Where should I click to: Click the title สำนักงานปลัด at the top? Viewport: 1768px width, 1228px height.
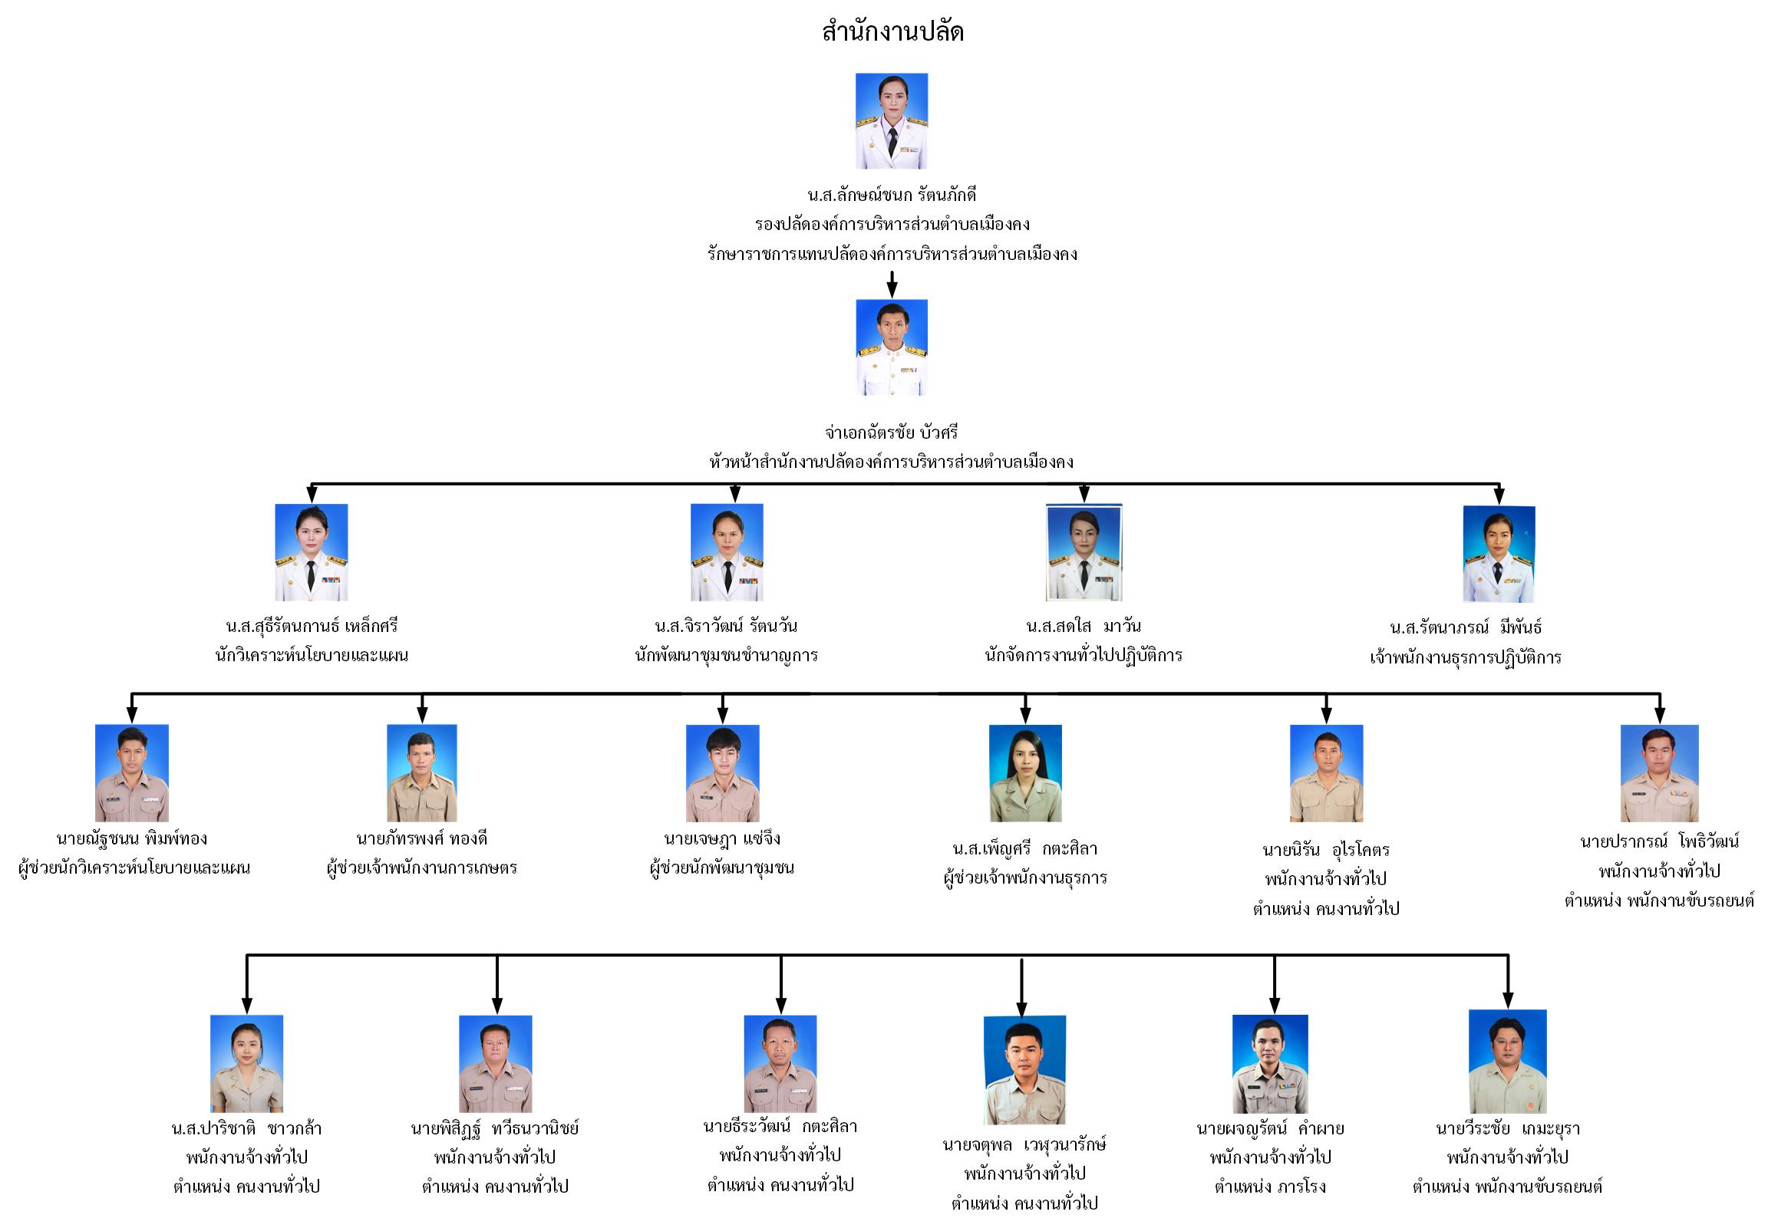[892, 31]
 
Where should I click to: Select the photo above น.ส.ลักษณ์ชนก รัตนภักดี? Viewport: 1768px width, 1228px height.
[892, 120]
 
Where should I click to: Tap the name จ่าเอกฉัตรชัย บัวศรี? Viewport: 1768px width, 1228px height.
[892, 433]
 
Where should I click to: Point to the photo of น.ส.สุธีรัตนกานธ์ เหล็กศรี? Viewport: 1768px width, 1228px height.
[311, 551]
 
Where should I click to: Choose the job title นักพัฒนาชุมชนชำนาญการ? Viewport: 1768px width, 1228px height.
[726, 656]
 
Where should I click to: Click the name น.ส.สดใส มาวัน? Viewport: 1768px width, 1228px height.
[1083, 626]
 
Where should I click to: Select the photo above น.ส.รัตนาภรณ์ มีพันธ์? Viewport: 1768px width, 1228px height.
[1498, 553]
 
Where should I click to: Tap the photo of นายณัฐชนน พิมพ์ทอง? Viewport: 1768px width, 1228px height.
[132, 772]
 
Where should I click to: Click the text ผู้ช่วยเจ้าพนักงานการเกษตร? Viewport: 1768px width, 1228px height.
[422, 868]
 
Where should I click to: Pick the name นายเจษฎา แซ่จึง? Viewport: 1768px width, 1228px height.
[722, 838]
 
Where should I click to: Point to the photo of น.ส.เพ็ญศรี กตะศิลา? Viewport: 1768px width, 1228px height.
[1024, 772]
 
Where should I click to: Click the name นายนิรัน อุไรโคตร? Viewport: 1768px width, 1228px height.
[1325, 849]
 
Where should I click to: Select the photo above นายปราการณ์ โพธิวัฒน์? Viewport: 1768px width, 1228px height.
[1659, 772]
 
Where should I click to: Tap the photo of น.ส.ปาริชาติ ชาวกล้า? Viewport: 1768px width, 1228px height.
[246, 1062]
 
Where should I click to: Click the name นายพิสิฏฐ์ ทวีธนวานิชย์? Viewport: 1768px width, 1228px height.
[495, 1128]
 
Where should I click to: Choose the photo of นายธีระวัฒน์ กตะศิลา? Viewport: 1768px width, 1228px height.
[780, 1062]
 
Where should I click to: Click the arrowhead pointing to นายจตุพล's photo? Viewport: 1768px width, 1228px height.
[1021, 1009]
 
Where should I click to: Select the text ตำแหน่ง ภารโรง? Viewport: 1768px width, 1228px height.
[1270, 1187]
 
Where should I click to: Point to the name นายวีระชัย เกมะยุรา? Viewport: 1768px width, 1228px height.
[1507, 1128]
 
